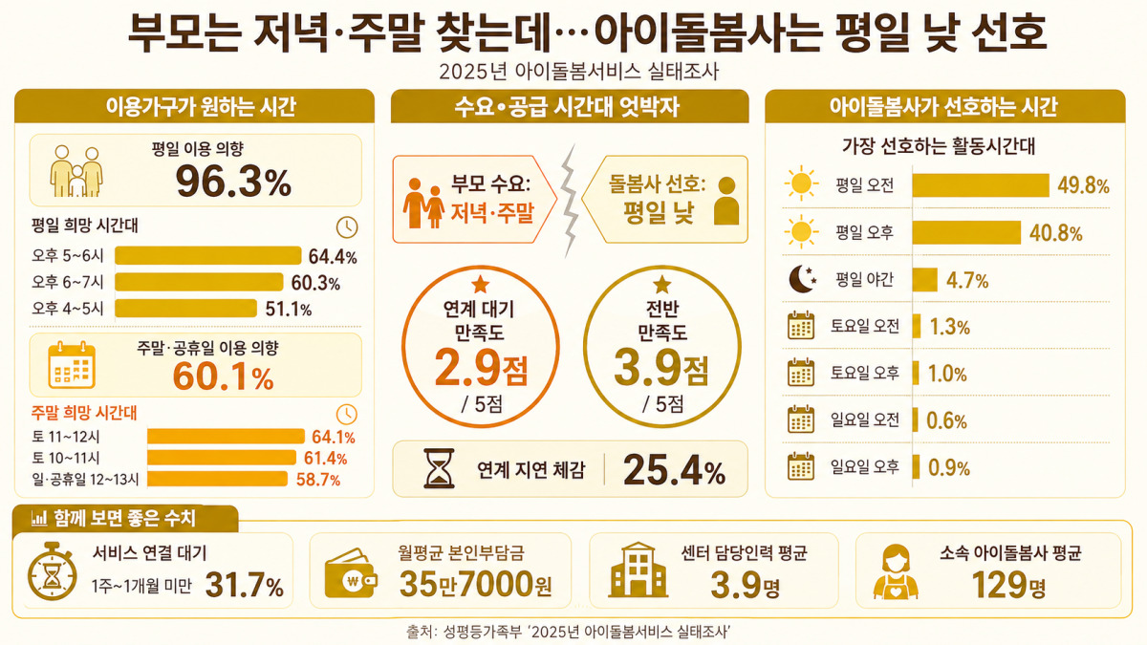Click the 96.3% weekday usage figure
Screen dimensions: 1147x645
233,182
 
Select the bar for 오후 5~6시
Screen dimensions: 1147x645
208,255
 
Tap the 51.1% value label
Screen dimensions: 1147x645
289,310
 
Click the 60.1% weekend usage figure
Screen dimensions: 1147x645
224,376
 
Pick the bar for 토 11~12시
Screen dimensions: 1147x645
226,436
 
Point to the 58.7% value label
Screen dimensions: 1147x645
318,480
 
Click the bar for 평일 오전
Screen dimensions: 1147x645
981,185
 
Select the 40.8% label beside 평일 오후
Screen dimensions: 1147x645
1056,233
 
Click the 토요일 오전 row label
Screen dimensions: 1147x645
865,326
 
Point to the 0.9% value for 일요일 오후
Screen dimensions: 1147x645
949,468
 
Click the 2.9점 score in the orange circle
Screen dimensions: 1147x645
481,368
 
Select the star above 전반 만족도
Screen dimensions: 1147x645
662,285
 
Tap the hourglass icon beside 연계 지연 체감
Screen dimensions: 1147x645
439,468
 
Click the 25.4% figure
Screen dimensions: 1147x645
675,470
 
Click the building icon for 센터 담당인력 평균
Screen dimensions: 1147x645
638,570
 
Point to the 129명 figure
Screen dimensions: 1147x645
1008,585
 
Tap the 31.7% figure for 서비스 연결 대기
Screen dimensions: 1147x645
245,585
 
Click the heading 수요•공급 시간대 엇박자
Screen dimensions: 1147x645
567,107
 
